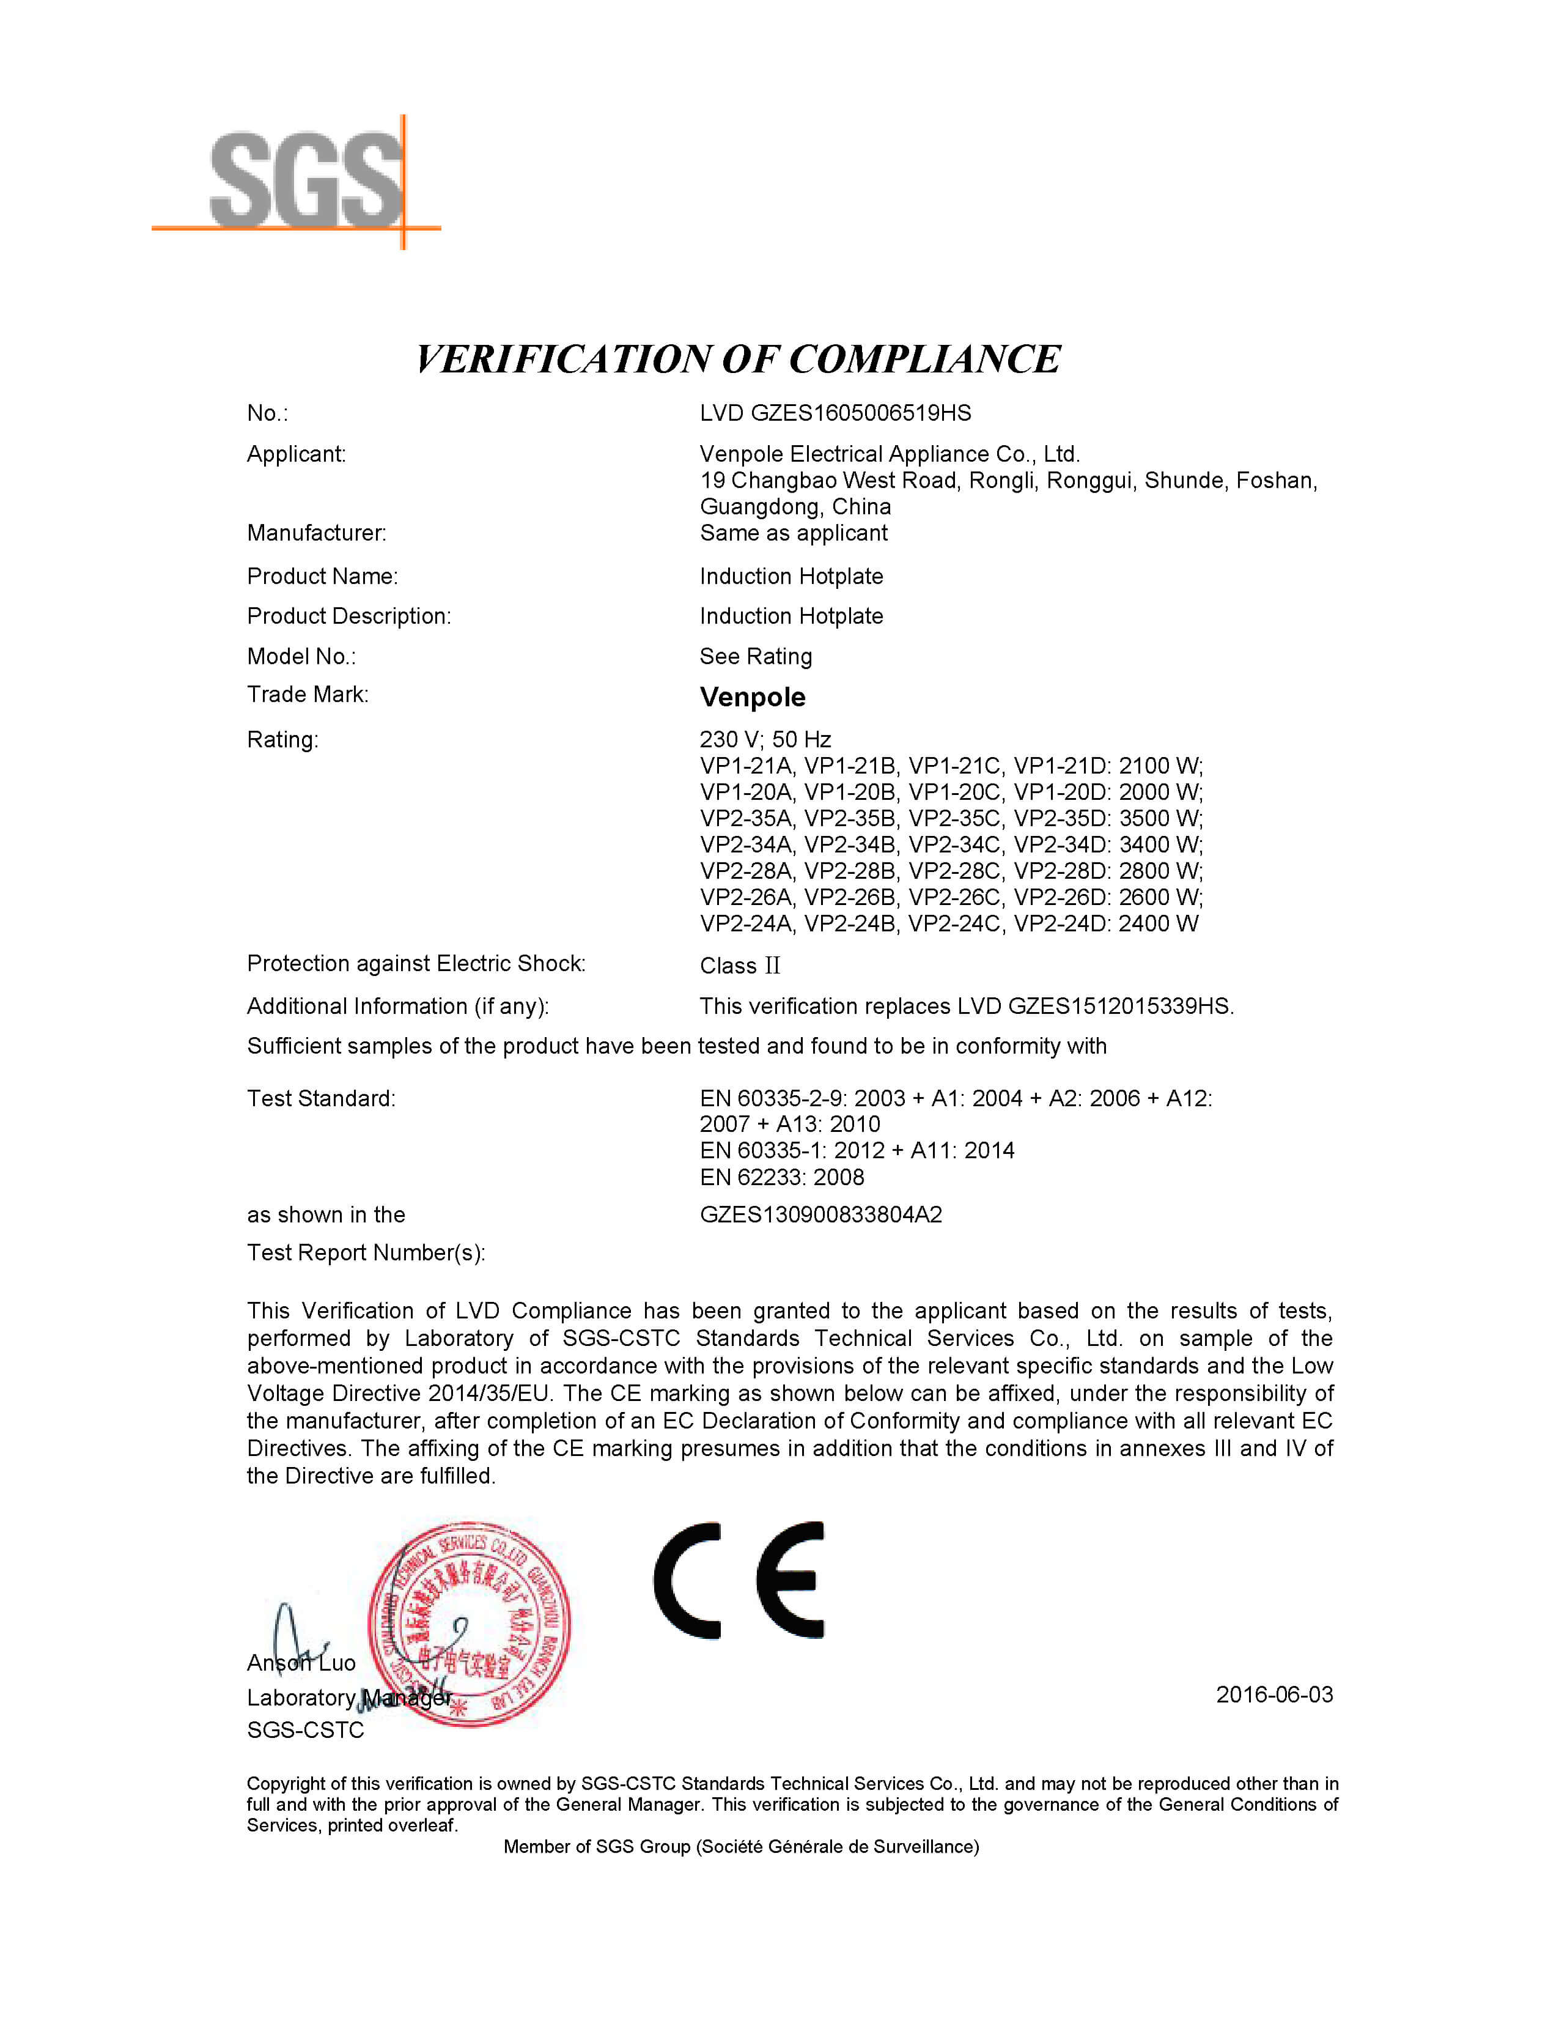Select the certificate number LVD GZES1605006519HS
[835, 413]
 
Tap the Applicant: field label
[295, 454]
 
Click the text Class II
[740, 966]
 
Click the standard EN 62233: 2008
[781, 1177]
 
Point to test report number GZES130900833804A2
[820, 1215]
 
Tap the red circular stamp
[469, 1624]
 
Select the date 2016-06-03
[1273, 1695]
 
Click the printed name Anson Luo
[301, 1663]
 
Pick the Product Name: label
[322, 577]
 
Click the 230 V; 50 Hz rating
[765, 739]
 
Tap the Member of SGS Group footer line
[741, 1847]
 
